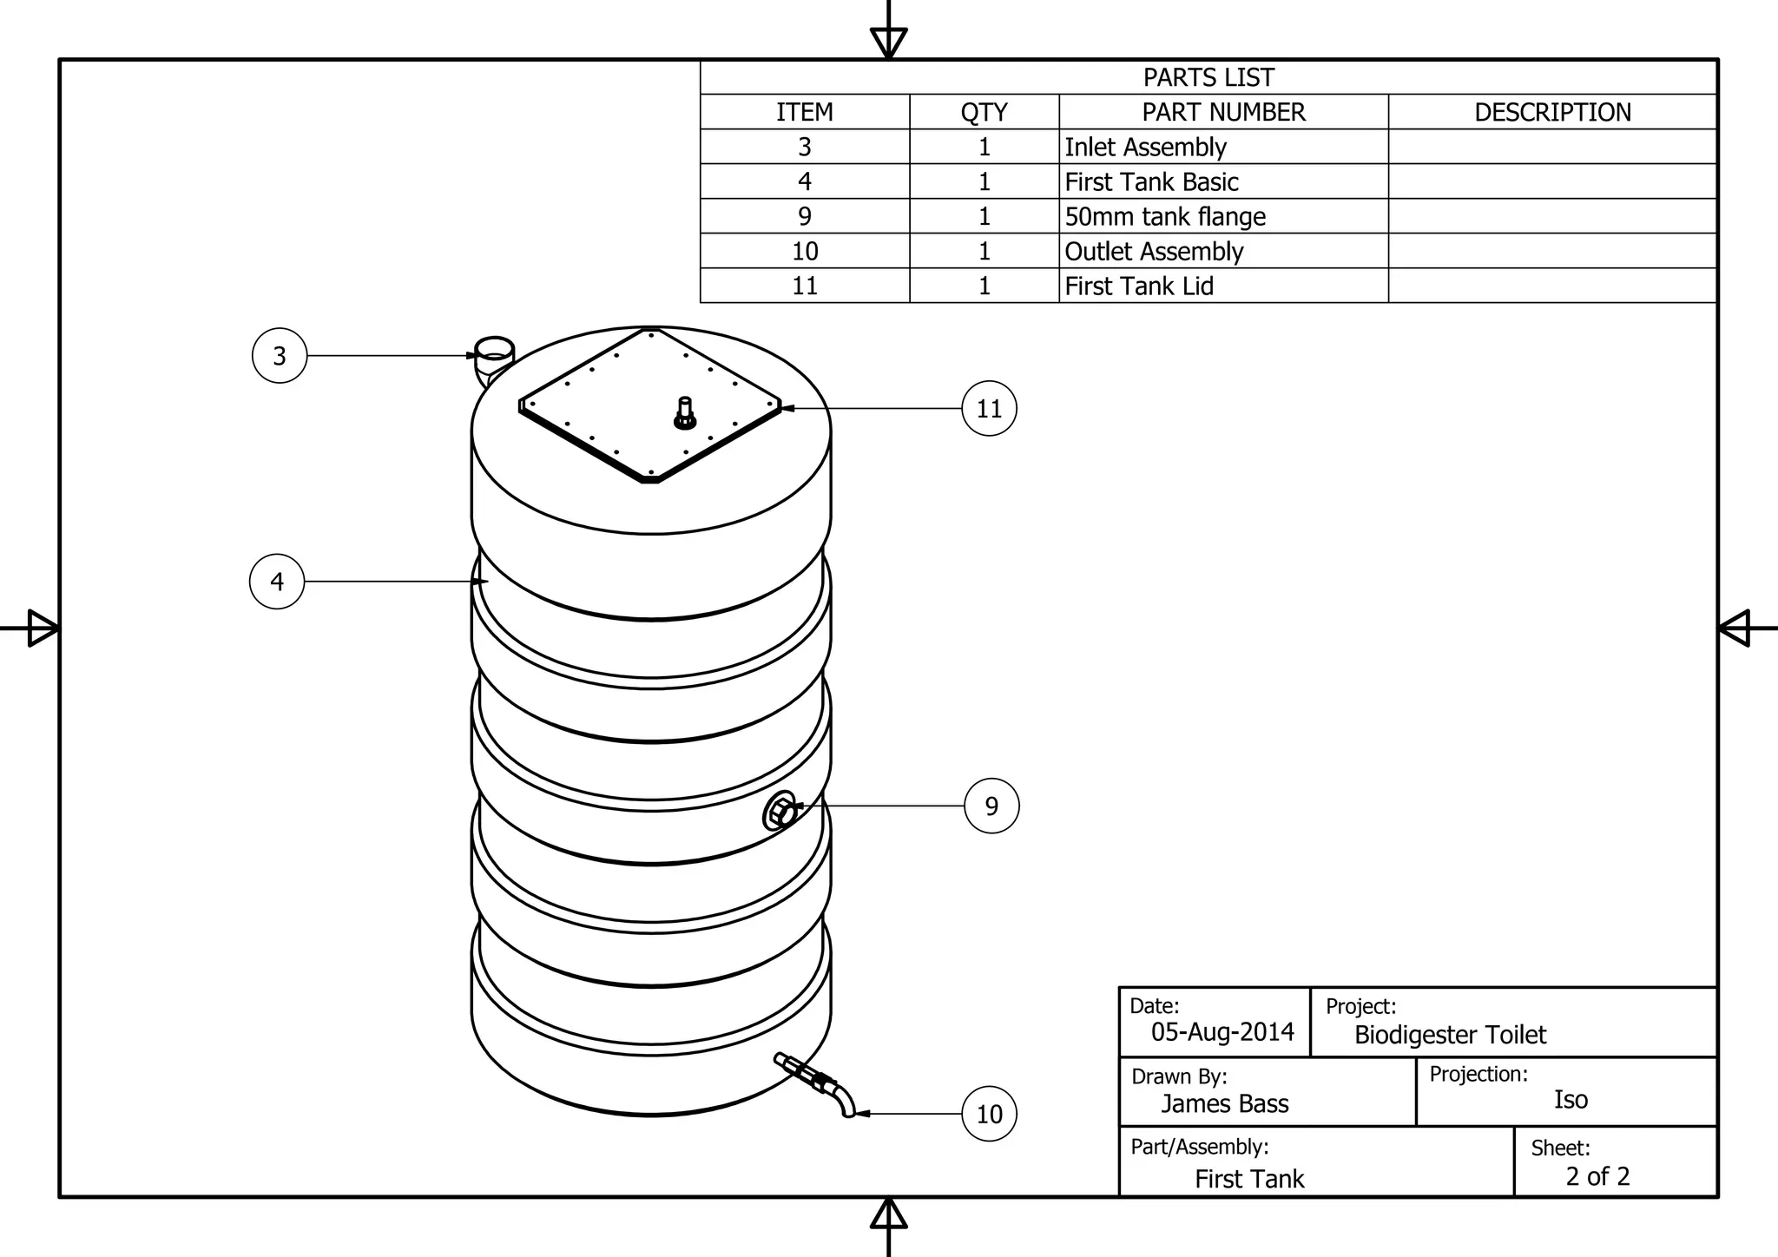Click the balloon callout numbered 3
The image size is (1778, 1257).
coord(280,356)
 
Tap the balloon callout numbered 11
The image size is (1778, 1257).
coord(989,408)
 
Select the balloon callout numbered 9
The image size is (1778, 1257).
coord(991,806)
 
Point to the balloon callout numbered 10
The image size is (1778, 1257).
coord(989,1114)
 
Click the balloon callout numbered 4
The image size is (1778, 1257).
coord(277,582)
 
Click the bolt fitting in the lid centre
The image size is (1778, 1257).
coord(684,413)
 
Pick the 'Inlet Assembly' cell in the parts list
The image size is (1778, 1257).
coord(1145,148)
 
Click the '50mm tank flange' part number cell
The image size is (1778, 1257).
coord(1165,217)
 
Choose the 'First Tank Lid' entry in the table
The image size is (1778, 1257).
coord(1139,286)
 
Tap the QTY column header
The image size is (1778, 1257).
coord(984,113)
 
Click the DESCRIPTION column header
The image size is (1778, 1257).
coord(1552,113)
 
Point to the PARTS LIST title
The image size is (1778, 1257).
coord(1208,78)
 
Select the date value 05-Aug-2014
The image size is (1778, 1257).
coord(1222,1032)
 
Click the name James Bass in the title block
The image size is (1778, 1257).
coord(1224,1104)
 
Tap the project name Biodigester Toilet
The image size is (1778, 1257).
coord(1450,1035)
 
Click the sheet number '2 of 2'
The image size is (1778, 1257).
coord(1597,1177)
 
